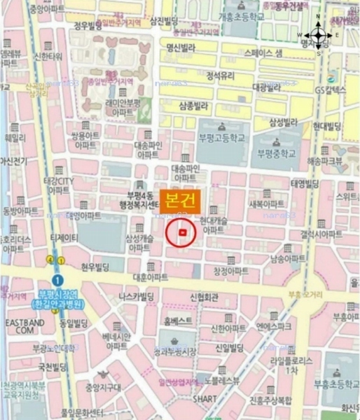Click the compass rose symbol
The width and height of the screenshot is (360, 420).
click(x=317, y=34)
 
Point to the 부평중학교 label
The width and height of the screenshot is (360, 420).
click(x=279, y=153)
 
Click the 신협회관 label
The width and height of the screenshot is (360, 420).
click(x=204, y=297)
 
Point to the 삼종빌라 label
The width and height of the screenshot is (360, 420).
click(x=194, y=106)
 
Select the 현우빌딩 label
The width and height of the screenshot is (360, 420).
click(x=97, y=267)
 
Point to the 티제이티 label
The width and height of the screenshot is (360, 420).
click(x=64, y=238)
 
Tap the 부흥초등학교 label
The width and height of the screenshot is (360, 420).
click(x=335, y=382)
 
